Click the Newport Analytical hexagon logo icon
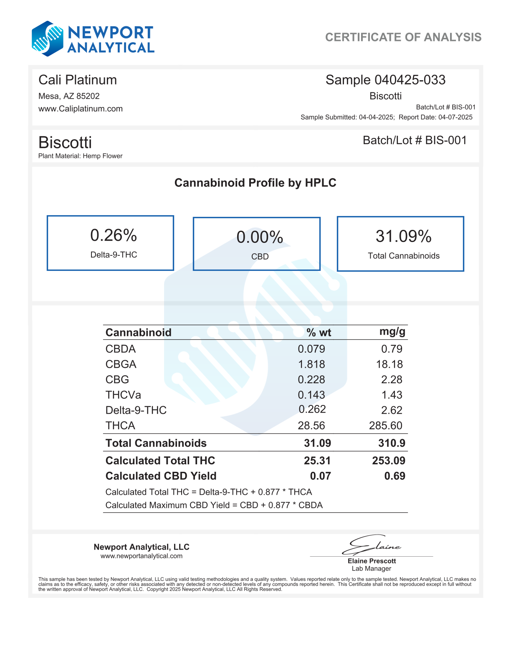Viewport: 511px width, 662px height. (48, 38)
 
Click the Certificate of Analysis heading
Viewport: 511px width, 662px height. (403, 37)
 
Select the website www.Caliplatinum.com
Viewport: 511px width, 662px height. (81, 109)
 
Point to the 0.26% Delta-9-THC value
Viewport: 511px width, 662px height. (114, 236)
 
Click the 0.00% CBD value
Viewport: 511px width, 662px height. (260, 237)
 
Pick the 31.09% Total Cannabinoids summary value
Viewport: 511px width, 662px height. (403, 237)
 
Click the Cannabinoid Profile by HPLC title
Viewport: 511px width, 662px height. (255, 183)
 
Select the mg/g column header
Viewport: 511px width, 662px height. (392, 332)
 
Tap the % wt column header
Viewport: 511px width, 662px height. (319, 333)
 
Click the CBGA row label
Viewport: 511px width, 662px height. (121, 364)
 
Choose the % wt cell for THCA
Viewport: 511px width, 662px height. (311, 425)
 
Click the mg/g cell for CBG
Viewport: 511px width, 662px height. (392, 379)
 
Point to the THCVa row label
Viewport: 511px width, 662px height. (123, 395)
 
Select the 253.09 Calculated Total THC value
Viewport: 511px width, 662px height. (388, 461)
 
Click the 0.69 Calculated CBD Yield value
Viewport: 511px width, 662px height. (395, 476)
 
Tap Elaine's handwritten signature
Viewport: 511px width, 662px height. (371, 545)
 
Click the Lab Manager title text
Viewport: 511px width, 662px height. (371, 568)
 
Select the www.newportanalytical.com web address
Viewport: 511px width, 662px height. (142, 556)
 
